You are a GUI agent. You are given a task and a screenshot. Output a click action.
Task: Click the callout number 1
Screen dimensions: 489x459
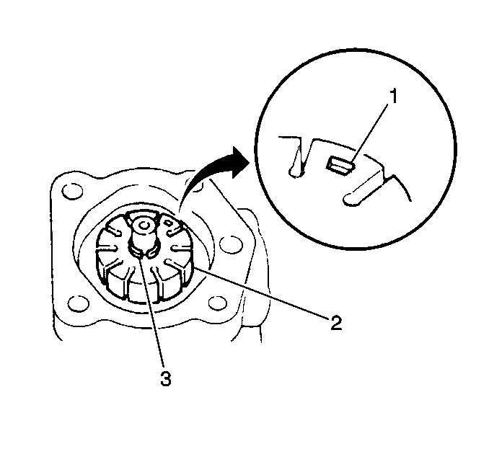click(x=394, y=96)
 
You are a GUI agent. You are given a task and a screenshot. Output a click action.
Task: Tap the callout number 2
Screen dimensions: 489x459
click(x=336, y=323)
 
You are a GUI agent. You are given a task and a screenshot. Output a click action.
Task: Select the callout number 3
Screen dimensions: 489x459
click(x=166, y=378)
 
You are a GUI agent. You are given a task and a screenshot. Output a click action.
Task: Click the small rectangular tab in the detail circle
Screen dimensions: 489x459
click(x=339, y=165)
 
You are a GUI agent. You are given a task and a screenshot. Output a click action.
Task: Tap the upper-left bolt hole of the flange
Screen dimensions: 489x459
click(x=72, y=192)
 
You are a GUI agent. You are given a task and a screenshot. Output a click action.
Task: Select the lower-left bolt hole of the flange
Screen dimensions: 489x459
click(x=79, y=303)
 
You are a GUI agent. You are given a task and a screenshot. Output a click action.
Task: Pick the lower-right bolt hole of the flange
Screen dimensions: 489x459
click(x=217, y=302)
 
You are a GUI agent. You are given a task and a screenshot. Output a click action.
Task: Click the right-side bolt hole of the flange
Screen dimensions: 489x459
click(x=231, y=244)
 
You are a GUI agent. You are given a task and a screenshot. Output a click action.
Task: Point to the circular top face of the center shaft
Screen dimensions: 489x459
click(x=144, y=225)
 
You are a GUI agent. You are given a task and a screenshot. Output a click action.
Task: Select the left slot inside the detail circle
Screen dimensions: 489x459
click(x=297, y=162)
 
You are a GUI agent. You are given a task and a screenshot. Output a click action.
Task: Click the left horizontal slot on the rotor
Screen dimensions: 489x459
click(x=107, y=248)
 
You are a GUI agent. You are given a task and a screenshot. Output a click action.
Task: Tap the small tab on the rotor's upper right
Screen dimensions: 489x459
click(x=168, y=223)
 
